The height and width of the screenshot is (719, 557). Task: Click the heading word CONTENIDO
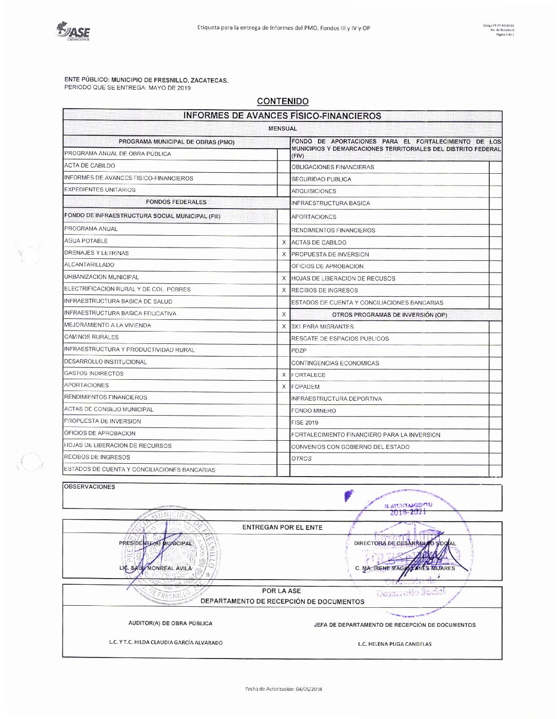283,101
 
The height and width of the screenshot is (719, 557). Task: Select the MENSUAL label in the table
283,129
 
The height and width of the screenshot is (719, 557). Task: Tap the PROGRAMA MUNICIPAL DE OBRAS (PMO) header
176,142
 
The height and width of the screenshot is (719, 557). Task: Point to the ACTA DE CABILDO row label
90,166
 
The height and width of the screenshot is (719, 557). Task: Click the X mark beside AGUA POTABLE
284,242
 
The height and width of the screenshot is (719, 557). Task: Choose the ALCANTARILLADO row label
89,265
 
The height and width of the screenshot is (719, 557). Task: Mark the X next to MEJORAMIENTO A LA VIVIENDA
284,326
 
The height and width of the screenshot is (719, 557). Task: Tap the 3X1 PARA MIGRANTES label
322,326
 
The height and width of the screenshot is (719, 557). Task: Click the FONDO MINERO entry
313,410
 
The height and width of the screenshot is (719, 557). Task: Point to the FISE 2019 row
305,423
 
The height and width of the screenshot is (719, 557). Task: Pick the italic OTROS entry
302,459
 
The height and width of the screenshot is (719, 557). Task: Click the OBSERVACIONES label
90,487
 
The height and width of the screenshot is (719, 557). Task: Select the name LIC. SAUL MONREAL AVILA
155,568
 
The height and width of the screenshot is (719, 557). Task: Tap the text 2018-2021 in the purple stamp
408,512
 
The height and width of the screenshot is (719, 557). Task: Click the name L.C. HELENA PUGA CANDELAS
394,644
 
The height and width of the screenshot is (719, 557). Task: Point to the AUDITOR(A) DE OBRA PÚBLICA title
170,624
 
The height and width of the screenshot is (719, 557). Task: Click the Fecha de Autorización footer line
284,689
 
